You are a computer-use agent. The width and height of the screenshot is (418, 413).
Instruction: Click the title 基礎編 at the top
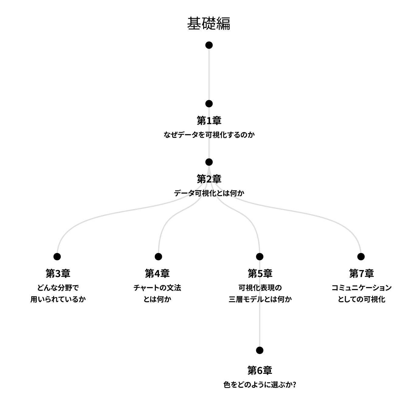pyautogui.click(x=209, y=23)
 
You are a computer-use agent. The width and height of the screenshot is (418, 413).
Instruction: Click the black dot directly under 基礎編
pyautogui.click(x=209, y=45)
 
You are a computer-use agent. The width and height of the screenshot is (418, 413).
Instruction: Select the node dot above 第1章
pyautogui.click(x=209, y=104)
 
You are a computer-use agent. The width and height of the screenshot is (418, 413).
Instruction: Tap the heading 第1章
pyautogui.click(x=209, y=121)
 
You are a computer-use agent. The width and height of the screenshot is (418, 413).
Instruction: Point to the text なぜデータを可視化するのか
pyautogui.click(x=209, y=135)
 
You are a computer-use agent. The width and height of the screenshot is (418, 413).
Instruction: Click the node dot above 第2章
pyautogui.click(x=209, y=162)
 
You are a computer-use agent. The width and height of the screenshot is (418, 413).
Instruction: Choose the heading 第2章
pyautogui.click(x=209, y=179)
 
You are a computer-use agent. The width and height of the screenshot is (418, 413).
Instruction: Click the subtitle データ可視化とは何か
pyautogui.click(x=209, y=193)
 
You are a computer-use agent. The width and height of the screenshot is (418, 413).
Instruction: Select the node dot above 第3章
pyautogui.click(x=57, y=257)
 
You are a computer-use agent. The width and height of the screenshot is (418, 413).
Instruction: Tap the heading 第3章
pyautogui.click(x=58, y=273)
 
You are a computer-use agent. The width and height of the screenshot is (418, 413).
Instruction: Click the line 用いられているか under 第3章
pyautogui.click(x=58, y=299)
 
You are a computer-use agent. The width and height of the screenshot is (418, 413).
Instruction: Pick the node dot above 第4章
pyautogui.click(x=158, y=257)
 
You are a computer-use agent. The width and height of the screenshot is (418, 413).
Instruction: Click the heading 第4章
pyautogui.click(x=157, y=273)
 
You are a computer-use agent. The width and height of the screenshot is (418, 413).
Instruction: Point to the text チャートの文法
pyautogui.click(x=157, y=288)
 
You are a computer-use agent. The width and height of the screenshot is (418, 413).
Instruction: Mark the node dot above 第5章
pyautogui.click(x=259, y=257)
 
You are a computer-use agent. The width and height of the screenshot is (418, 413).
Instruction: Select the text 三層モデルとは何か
pyautogui.click(x=260, y=299)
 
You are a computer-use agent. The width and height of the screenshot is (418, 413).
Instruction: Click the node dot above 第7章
pyautogui.click(x=361, y=257)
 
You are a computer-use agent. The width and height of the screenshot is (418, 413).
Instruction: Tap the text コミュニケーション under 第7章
pyautogui.click(x=361, y=288)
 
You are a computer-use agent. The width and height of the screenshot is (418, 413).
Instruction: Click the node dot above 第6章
pyautogui.click(x=259, y=350)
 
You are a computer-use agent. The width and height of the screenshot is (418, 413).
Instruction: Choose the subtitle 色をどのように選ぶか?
pyautogui.click(x=260, y=385)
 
